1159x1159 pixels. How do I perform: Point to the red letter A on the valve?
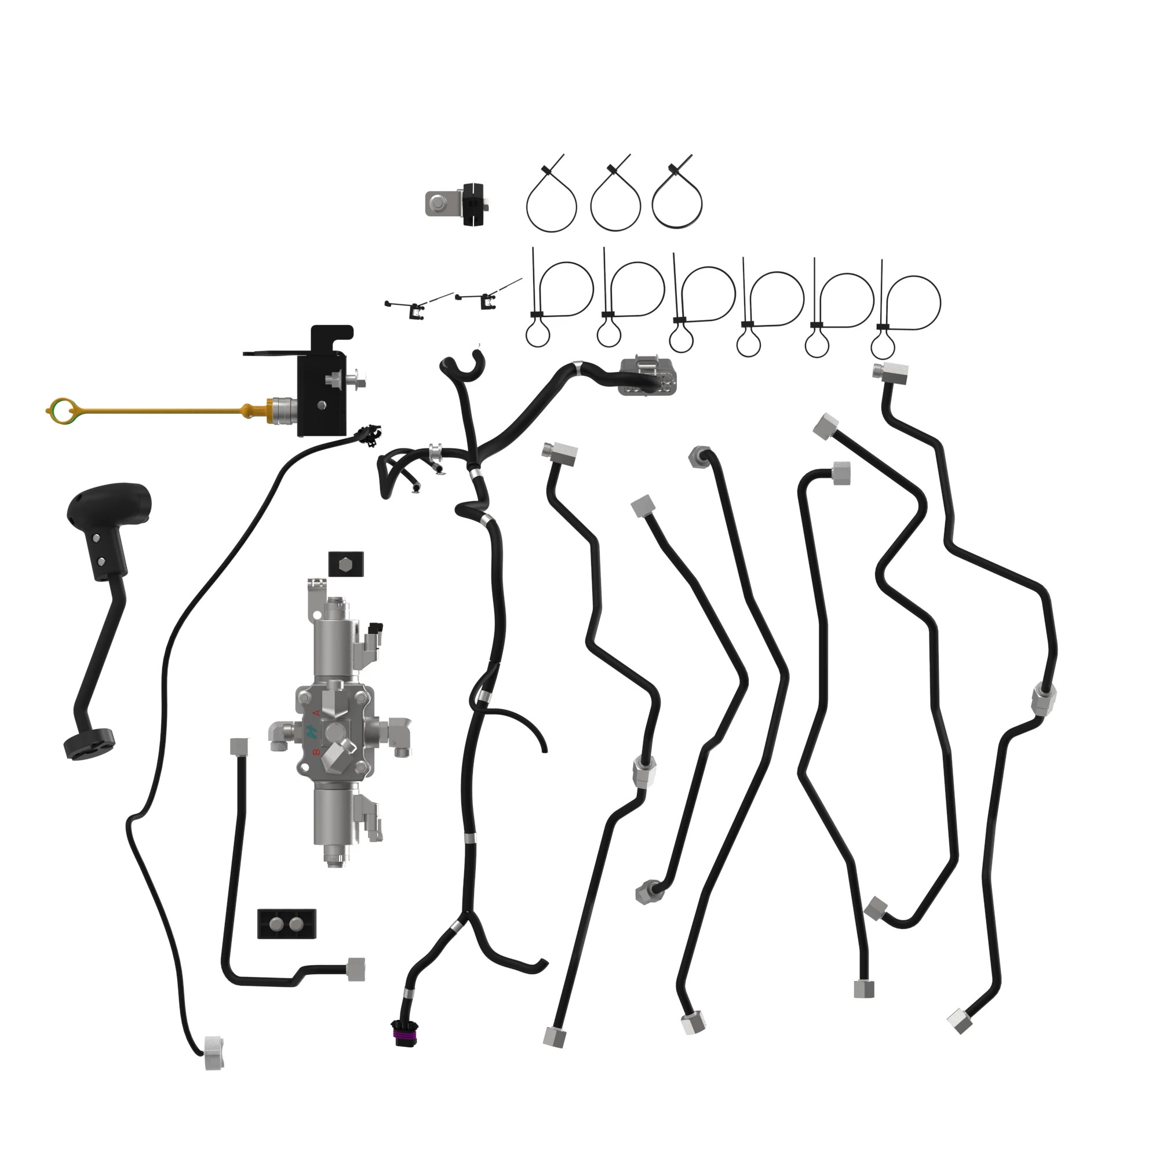click(x=317, y=713)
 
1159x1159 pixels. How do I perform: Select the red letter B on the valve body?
click(x=316, y=751)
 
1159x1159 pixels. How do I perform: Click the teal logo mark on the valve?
click(x=312, y=731)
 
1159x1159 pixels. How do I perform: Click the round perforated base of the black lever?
click(x=89, y=743)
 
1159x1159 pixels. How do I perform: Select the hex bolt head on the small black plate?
click(x=347, y=564)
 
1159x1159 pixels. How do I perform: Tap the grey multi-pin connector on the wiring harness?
click(x=648, y=376)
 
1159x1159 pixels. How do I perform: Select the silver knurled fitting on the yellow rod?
click(x=282, y=410)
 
